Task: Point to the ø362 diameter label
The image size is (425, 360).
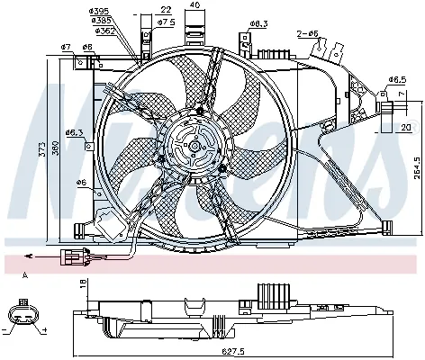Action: point(129,30)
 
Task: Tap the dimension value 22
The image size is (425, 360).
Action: point(167,10)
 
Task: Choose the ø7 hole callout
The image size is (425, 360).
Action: point(66,46)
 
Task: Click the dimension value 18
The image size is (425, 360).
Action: point(83,283)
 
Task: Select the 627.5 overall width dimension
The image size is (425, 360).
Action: point(234,353)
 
